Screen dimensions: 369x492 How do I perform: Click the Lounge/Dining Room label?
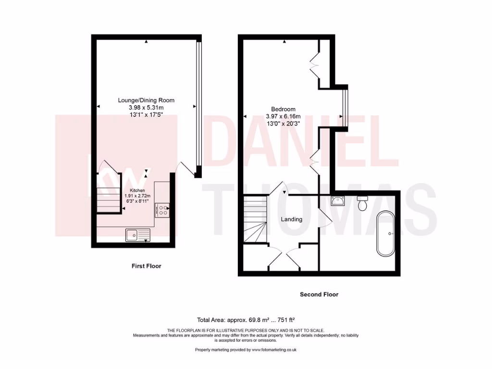(x=146, y=100)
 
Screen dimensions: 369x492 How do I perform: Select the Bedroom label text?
(x=283, y=109)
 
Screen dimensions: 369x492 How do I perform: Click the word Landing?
(x=292, y=219)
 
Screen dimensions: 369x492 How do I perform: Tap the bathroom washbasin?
(x=338, y=201)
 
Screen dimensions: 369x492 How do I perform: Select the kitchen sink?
(x=138, y=234)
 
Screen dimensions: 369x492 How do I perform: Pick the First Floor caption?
(x=147, y=266)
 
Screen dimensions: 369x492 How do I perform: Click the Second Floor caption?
(x=319, y=294)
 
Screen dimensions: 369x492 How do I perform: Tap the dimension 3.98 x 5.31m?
(x=146, y=107)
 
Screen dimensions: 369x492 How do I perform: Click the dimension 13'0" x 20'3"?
(x=283, y=123)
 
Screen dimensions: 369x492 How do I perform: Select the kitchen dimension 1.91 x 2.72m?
(x=137, y=196)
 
